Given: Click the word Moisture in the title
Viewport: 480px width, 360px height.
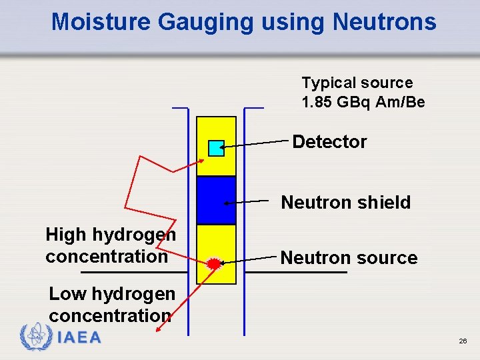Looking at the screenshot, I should [101, 22].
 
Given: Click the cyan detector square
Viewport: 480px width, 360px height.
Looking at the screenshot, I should [216, 148].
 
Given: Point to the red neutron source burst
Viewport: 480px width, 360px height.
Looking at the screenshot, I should [214, 264].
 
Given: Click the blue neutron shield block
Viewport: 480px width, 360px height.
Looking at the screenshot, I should [216, 200].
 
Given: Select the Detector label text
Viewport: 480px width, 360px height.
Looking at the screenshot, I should [329, 141].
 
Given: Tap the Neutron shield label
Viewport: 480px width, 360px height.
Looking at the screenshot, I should [346, 202].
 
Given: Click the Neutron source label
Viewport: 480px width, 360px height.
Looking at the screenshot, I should [349, 257].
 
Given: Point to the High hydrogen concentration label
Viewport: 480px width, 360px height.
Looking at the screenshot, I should [110, 245].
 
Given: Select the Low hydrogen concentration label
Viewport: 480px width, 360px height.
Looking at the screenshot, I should [111, 304].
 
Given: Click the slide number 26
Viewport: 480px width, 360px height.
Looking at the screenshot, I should [463, 341].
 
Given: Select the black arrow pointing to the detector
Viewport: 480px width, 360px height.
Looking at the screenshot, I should [257, 143].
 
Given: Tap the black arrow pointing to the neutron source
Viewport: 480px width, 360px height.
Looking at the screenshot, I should [251, 260].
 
